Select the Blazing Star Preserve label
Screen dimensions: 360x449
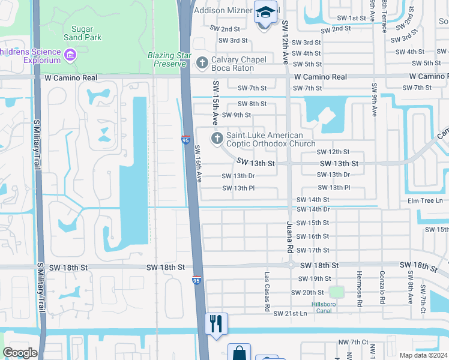point(169,59)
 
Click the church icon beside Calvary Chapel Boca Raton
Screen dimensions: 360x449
point(202,62)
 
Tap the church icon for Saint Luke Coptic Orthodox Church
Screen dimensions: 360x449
point(216,139)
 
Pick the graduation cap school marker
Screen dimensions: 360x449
point(264,13)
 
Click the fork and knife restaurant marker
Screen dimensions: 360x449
point(216,323)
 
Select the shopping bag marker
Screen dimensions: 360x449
point(239,353)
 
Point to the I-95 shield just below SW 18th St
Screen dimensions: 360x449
point(196,280)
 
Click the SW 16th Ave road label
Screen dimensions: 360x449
point(198,163)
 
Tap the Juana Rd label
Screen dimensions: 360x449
point(289,235)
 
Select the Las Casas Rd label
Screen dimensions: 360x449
point(267,291)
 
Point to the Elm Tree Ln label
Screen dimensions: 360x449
point(424,200)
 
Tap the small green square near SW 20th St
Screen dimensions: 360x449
point(337,292)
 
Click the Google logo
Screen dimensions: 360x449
point(20,353)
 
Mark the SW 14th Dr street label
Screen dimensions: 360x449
point(313,209)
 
